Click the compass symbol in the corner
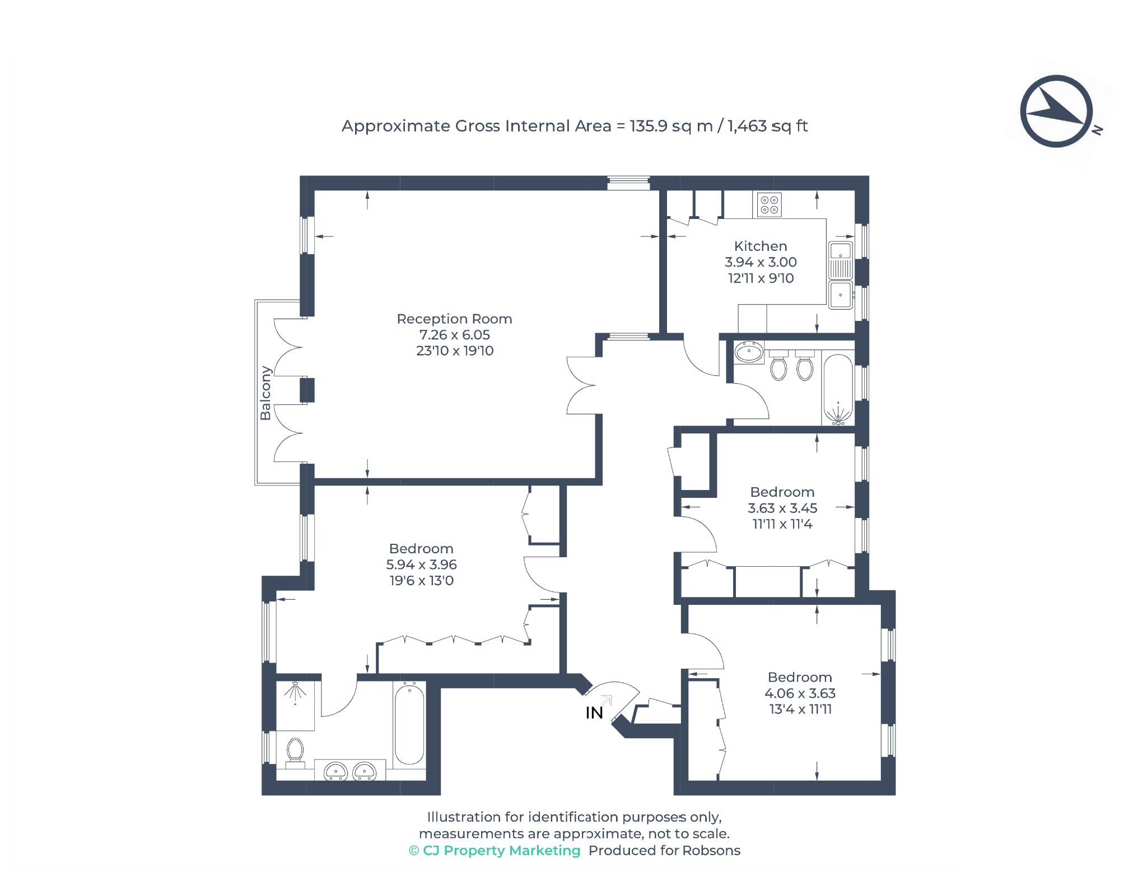(x=1056, y=111)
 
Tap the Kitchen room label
(x=761, y=246)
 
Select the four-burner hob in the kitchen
(x=770, y=204)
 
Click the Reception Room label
(x=454, y=319)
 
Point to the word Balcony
(x=265, y=393)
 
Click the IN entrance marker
(x=594, y=713)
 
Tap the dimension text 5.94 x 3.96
(x=421, y=565)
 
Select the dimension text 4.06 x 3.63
(x=800, y=693)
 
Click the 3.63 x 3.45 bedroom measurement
(x=782, y=508)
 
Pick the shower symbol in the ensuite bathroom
(x=295, y=692)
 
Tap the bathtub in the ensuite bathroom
(x=409, y=724)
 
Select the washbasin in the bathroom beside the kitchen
(x=749, y=352)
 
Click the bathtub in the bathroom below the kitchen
(x=838, y=389)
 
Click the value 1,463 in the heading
(x=747, y=126)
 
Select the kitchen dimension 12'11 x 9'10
(x=761, y=278)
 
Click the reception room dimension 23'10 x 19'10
(x=455, y=351)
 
